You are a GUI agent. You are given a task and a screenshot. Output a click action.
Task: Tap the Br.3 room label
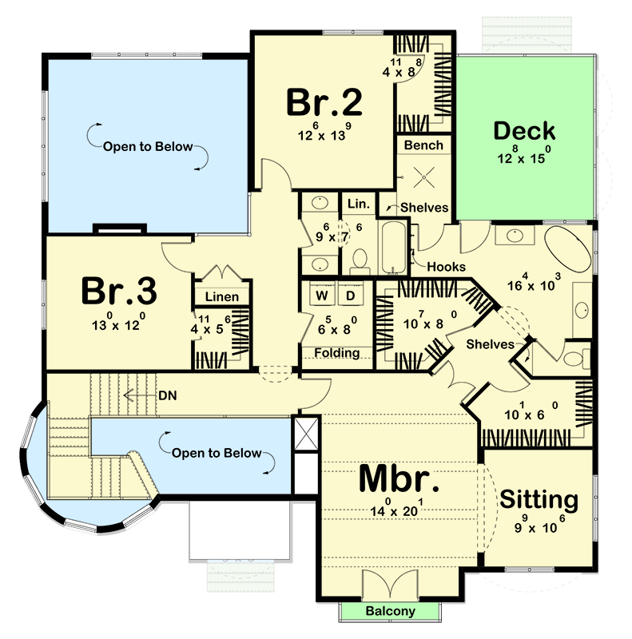pos(119,292)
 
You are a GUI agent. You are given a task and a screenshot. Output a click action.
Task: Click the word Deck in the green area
pos(524,131)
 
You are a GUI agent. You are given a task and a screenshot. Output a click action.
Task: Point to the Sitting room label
pos(539,500)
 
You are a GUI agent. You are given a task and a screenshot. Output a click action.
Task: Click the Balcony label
pos(391,612)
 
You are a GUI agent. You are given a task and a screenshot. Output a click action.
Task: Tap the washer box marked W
pos(322,296)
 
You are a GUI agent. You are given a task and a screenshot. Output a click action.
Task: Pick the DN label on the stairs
pos(169,394)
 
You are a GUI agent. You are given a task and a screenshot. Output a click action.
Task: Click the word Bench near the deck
pos(423,145)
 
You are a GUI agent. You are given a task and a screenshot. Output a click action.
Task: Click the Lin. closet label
pos(358,204)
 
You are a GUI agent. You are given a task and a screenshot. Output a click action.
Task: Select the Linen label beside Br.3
pos(221,297)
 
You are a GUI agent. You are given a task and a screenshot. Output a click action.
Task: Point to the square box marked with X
pos(306,435)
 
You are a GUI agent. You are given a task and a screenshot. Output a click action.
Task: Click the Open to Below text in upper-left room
pos(147,146)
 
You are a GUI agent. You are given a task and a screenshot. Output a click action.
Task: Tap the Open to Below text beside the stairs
pos(217,453)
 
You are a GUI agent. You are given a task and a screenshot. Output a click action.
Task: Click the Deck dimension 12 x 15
pos(524,158)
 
